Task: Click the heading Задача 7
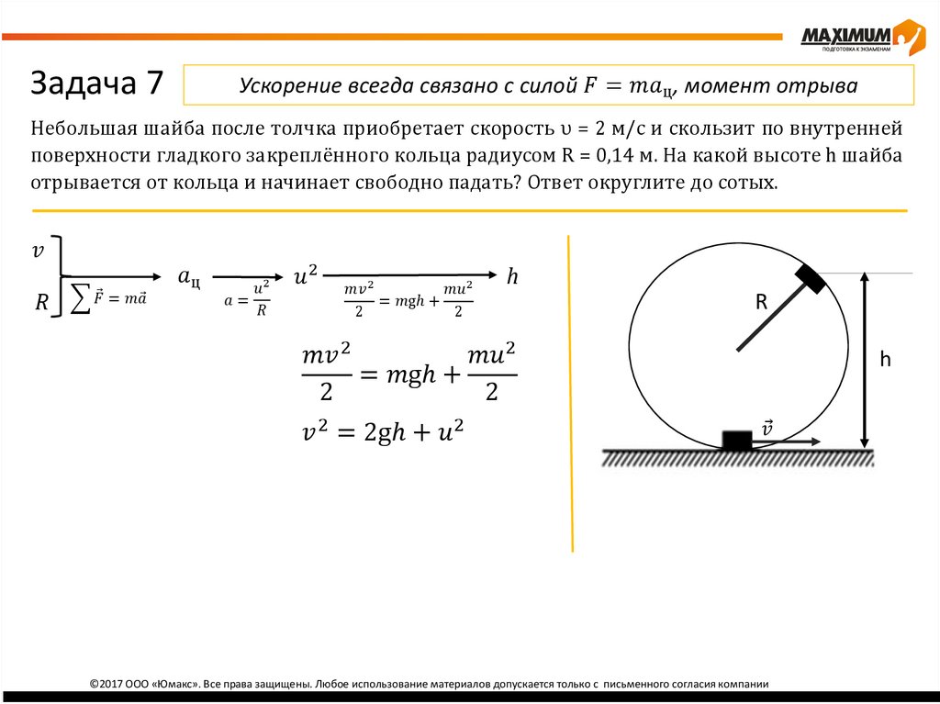click(97, 84)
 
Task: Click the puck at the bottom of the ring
click(736, 440)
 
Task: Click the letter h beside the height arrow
click(886, 360)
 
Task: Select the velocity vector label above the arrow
click(767, 428)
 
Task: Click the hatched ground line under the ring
click(737, 457)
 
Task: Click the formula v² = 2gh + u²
click(382, 432)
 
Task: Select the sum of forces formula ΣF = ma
click(108, 297)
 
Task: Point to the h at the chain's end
click(513, 275)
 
